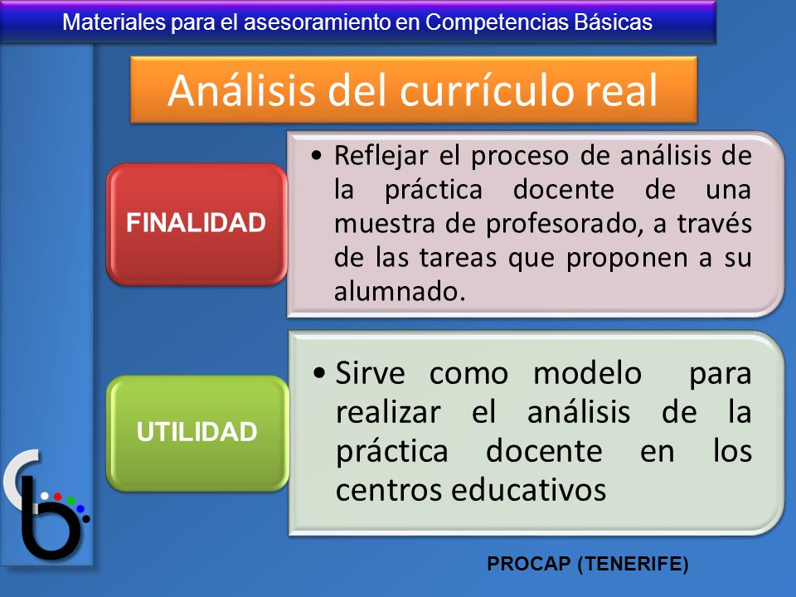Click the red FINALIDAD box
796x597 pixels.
pos(197,223)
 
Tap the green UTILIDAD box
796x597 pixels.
pos(197,433)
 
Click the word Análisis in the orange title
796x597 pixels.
pos(241,90)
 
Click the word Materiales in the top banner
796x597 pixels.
pos(114,22)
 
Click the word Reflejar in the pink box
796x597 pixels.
pos(381,155)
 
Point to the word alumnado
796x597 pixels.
pos(400,291)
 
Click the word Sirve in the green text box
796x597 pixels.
pos(370,373)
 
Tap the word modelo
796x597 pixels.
pos(588,373)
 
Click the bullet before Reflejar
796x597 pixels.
pos(318,155)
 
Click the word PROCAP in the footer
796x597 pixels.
pos(528,564)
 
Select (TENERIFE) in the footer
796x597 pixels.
pos(633,564)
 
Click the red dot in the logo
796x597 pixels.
pos(57,496)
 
